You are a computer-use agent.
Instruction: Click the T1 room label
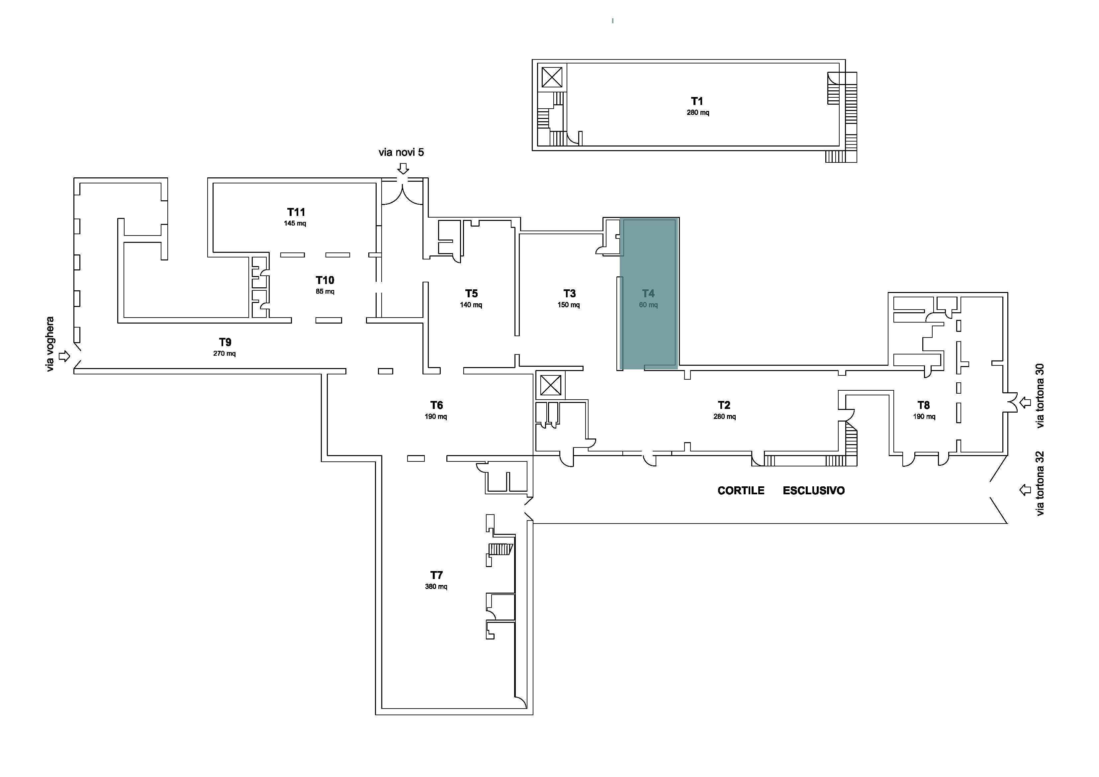[x=697, y=101]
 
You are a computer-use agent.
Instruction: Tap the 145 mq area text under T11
[x=295, y=224]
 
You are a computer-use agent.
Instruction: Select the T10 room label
[x=325, y=280]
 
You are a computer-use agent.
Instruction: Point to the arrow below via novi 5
[x=404, y=168]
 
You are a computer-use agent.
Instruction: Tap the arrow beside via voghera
[x=64, y=356]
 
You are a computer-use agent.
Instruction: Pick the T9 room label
[x=225, y=342]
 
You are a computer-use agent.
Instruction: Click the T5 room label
[x=472, y=293]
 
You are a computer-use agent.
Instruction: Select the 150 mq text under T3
[x=569, y=305]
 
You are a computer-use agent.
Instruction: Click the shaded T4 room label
[x=648, y=293]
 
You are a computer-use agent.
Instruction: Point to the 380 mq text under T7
[x=436, y=586]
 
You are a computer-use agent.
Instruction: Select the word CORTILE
[x=741, y=491]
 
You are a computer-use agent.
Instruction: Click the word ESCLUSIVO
[x=814, y=491]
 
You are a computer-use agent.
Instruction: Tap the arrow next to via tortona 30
[x=1025, y=403]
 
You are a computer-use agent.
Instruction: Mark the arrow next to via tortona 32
[x=1025, y=490]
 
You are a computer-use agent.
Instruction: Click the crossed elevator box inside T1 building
[x=552, y=77]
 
